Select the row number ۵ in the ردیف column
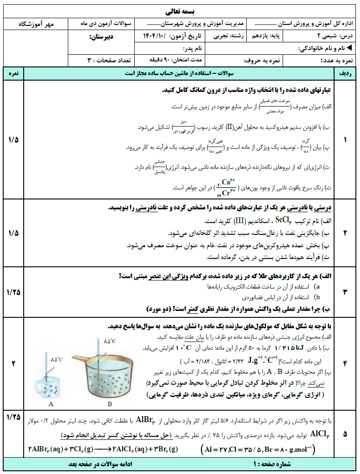tap(345, 434)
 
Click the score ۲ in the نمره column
tap(13, 363)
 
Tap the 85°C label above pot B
tap(111, 341)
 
